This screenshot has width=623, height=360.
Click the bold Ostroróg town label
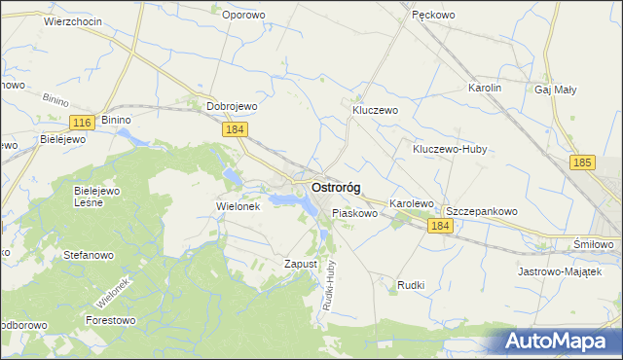(x=344, y=187)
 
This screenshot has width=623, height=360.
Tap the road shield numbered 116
(x=82, y=121)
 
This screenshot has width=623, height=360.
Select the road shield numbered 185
(x=583, y=163)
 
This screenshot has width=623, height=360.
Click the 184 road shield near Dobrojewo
(x=234, y=129)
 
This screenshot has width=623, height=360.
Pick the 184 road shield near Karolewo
(x=440, y=225)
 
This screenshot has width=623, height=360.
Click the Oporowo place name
(x=243, y=15)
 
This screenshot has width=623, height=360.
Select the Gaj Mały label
(x=556, y=89)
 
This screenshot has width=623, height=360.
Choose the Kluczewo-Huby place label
(x=449, y=150)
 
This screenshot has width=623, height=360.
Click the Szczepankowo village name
(x=481, y=211)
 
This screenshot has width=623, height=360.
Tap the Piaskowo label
(x=354, y=212)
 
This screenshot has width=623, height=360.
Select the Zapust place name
(x=301, y=264)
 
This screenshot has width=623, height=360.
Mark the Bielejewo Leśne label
(x=96, y=197)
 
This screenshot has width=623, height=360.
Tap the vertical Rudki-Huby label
(x=331, y=283)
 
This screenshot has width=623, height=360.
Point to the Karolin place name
(x=484, y=88)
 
